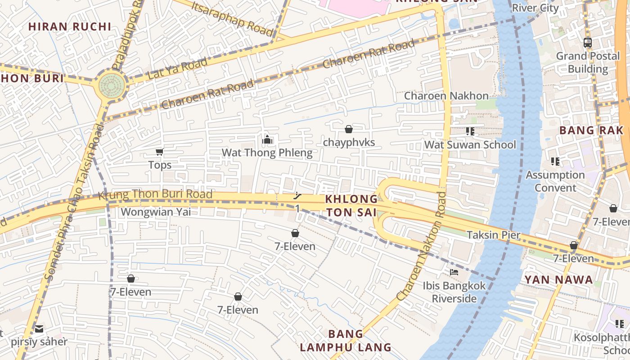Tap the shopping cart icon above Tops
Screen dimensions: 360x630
pyautogui.click(x=159, y=152)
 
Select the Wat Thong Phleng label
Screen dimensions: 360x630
pyautogui.click(x=267, y=153)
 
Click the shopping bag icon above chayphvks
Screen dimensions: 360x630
pyautogui.click(x=348, y=130)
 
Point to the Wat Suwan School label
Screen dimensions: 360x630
pyautogui.click(x=470, y=145)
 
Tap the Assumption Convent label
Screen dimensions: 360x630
pyautogui.click(x=555, y=181)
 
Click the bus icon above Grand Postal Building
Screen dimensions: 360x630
pyautogui.click(x=587, y=43)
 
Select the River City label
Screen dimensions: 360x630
pyautogui.click(x=535, y=8)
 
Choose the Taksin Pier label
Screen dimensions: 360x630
pyautogui.click(x=493, y=235)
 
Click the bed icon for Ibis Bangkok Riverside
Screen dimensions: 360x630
pyautogui.click(x=454, y=272)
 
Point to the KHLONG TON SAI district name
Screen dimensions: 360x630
pyautogui.click(x=351, y=206)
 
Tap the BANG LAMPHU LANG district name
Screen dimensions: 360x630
pyautogui.click(x=346, y=341)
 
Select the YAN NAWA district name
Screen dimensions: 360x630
pyautogui.click(x=558, y=280)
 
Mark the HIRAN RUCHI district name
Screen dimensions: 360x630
pyautogui.click(x=70, y=27)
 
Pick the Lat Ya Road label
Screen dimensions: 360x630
pyautogui.click(x=177, y=69)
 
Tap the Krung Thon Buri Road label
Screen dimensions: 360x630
pyautogui.click(x=155, y=195)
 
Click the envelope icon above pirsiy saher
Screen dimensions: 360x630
pyautogui.click(x=39, y=329)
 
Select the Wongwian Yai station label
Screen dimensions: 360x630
pyautogui.click(x=156, y=211)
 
